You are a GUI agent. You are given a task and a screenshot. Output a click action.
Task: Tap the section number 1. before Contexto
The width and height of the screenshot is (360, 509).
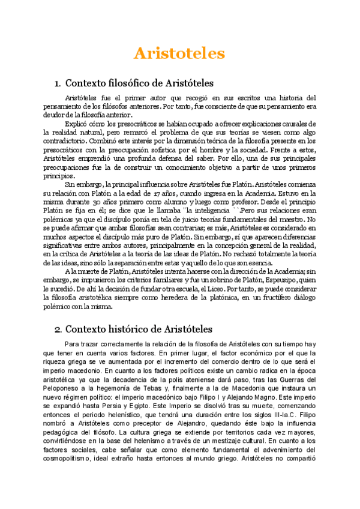(58, 83)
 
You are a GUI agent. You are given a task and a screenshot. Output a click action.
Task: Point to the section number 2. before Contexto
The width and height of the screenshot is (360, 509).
(58, 329)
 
